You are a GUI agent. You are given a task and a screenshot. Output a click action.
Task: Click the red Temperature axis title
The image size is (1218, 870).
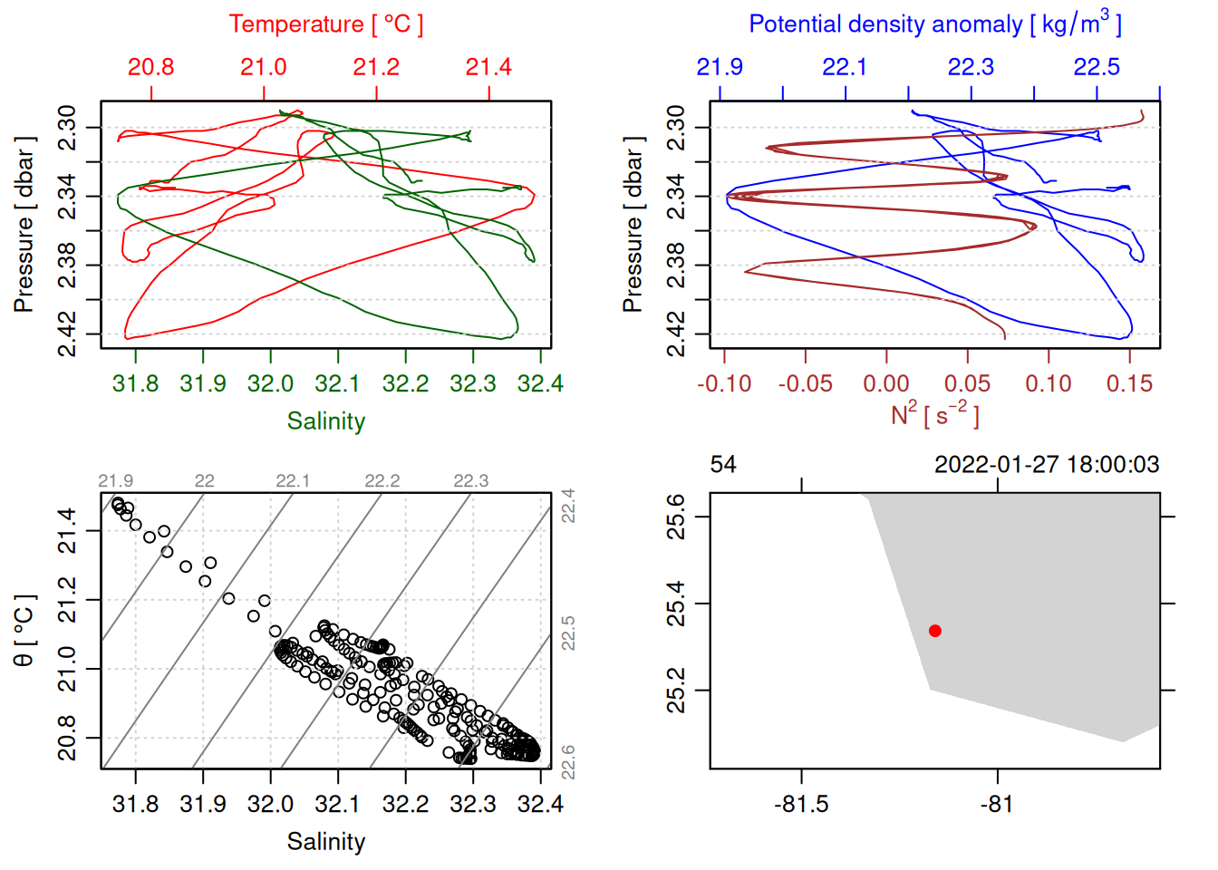click(325, 24)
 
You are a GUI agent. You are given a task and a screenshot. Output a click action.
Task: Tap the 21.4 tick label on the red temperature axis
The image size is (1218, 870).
click(488, 67)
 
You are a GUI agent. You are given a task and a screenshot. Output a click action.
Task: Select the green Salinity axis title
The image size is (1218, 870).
click(325, 421)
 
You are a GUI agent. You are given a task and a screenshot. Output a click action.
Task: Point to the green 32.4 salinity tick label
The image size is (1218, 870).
click(540, 384)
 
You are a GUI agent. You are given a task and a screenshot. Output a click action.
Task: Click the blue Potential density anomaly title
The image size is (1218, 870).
click(934, 24)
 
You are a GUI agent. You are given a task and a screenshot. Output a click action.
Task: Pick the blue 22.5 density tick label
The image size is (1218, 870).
click(1097, 67)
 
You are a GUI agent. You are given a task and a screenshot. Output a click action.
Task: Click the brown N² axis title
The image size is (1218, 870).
click(934, 414)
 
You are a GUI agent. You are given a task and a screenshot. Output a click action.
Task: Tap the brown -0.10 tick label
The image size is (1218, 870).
click(724, 384)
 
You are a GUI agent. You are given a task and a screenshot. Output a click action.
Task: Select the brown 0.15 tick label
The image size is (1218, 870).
click(1129, 384)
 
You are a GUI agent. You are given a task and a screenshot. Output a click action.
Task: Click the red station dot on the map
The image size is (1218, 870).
click(935, 631)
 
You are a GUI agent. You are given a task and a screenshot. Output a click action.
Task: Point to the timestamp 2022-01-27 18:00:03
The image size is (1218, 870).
click(1047, 465)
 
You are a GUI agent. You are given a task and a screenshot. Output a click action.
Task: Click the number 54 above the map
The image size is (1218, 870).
click(723, 465)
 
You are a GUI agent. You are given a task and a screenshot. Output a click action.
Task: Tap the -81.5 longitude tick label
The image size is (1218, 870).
click(801, 805)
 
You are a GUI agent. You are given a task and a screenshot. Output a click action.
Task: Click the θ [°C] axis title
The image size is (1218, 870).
click(24, 631)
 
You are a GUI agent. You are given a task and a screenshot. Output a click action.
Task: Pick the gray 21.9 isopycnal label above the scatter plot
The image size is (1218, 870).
click(115, 481)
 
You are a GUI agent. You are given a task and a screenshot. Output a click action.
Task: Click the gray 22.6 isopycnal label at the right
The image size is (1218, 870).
click(568, 762)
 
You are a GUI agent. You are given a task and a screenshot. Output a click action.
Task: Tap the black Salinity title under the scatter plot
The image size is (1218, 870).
click(325, 842)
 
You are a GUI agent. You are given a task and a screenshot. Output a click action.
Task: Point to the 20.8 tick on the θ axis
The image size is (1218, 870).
click(68, 738)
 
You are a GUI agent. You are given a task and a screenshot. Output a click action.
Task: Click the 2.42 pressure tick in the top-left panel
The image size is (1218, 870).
click(68, 333)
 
